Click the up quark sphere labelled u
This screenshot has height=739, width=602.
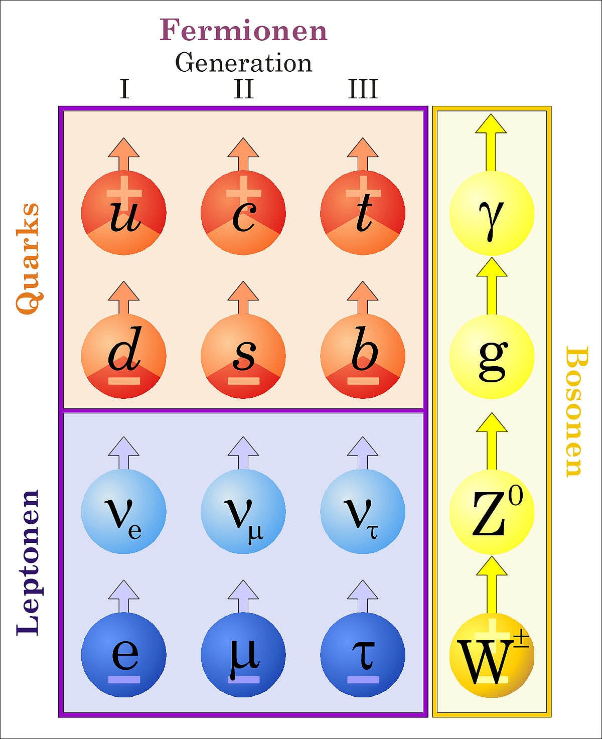123,213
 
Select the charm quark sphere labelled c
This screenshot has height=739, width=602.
243,213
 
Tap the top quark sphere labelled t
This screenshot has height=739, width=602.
363,213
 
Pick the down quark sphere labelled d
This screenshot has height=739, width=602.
123,356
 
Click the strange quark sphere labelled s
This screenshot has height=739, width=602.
243,356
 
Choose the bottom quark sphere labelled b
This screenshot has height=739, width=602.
363,356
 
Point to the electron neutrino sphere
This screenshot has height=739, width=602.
123,511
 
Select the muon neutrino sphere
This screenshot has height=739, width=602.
243,511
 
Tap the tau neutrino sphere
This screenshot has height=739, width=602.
363,511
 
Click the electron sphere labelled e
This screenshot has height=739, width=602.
123,655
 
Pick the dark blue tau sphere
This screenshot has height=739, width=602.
363,655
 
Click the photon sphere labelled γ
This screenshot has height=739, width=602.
492,213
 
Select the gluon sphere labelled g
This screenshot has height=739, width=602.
492,356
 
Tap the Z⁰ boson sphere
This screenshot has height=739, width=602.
492,511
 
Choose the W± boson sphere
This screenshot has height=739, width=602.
492,655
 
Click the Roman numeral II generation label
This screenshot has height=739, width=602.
243,89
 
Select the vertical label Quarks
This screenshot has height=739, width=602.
28,258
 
